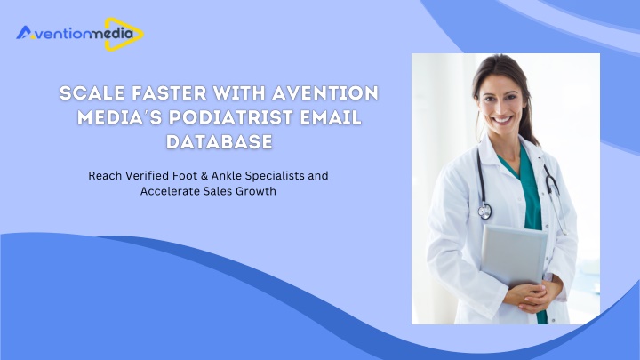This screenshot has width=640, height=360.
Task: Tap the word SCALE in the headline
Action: point(92,93)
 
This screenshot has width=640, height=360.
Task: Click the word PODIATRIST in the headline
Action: point(231,117)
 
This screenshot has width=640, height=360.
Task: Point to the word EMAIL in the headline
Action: point(331,117)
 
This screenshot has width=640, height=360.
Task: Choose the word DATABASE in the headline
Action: point(220,142)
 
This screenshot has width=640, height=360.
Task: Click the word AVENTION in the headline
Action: point(325,93)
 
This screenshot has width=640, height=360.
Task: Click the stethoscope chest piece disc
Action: point(485,211)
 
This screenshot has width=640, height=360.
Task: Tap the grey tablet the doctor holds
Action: point(514,255)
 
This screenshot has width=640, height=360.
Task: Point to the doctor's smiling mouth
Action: point(501,120)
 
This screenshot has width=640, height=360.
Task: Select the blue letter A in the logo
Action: point(24,33)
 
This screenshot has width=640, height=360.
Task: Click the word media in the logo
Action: point(111,33)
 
